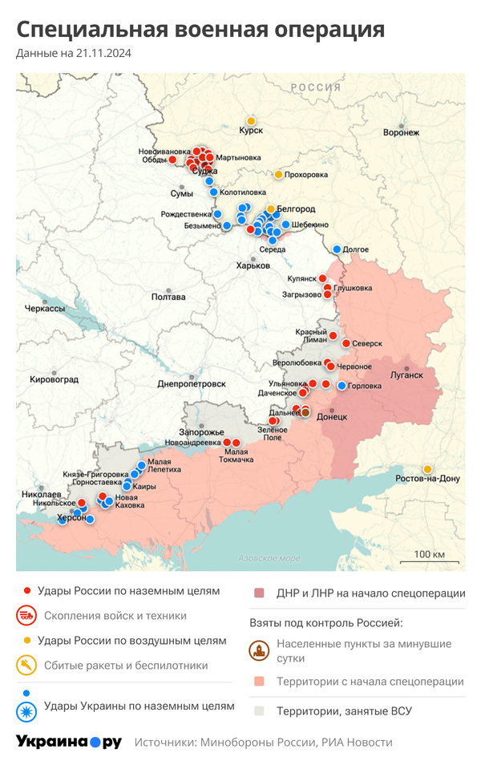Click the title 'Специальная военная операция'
[x=200, y=30]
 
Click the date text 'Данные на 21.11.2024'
[x=74, y=54]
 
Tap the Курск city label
[x=251, y=130]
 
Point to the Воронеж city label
[x=402, y=132]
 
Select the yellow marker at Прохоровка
[x=278, y=174]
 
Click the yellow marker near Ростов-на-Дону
[x=427, y=469]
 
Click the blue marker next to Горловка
[x=342, y=386]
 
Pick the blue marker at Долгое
[x=337, y=249]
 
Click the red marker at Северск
[x=346, y=343]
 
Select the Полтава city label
[x=168, y=297]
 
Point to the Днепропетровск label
[x=191, y=384]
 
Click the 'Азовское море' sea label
[x=269, y=558]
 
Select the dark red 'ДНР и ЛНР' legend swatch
[x=259, y=593]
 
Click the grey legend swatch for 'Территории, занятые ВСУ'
[x=259, y=710]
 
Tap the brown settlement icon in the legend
[x=259, y=651]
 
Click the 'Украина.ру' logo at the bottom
[x=69, y=742]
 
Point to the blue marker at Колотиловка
[x=213, y=192]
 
